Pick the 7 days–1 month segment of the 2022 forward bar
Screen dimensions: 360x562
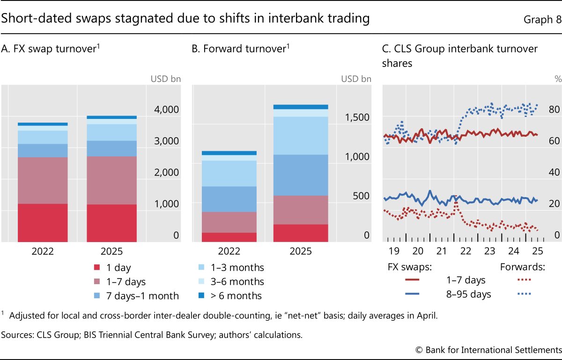(x=229, y=199)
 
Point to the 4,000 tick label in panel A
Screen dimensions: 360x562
(x=166, y=110)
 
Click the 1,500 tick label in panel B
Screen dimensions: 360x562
(x=358, y=117)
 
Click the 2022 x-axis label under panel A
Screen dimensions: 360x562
(x=43, y=251)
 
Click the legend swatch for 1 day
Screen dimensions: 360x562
(x=97, y=268)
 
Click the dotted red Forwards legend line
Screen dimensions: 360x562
(x=523, y=280)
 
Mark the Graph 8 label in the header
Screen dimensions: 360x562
(x=540, y=19)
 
